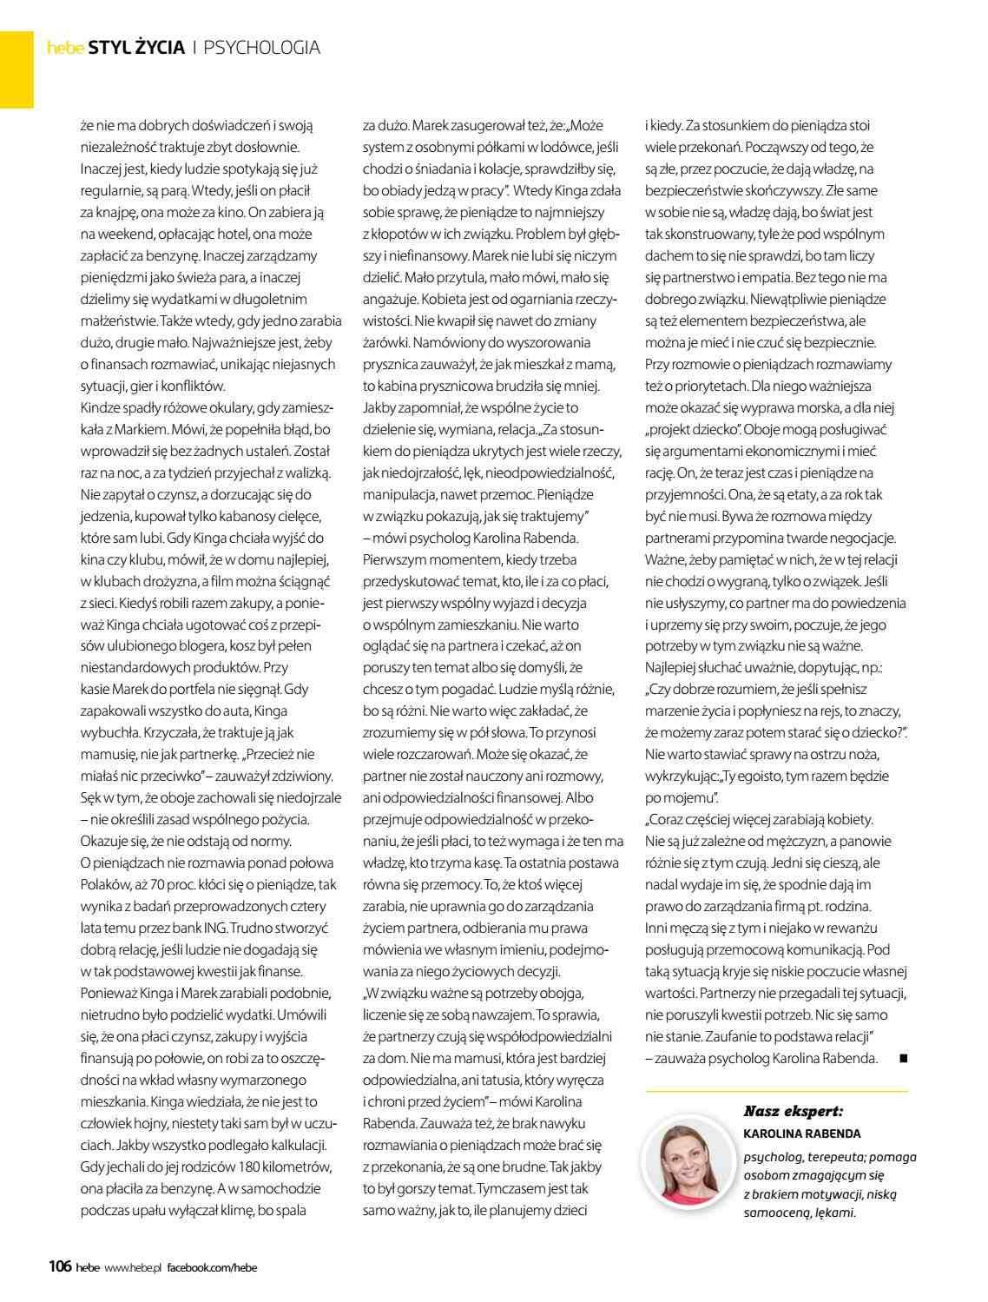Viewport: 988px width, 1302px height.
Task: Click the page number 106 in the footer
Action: click(x=59, y=1266)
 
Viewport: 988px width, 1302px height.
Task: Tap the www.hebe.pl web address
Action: click(x=134, y=1267)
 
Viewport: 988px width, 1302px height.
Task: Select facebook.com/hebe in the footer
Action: click(x=212, y=1267)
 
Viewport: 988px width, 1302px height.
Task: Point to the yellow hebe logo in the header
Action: click(x=64, y=49)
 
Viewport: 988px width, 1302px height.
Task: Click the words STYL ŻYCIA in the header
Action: click(x=136, y=48)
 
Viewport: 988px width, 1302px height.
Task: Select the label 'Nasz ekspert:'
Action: click(x=794, y=1111)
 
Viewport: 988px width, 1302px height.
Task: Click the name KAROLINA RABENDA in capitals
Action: click(x=802, y=1133)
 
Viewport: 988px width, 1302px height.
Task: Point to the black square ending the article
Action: click(x=903, y=1058)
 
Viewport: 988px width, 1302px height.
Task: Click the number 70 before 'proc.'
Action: click(x=201, y=884)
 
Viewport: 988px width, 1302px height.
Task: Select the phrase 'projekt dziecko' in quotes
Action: click(x=693, y=429)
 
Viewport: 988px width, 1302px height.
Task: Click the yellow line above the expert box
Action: click(x=777, y=1090)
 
